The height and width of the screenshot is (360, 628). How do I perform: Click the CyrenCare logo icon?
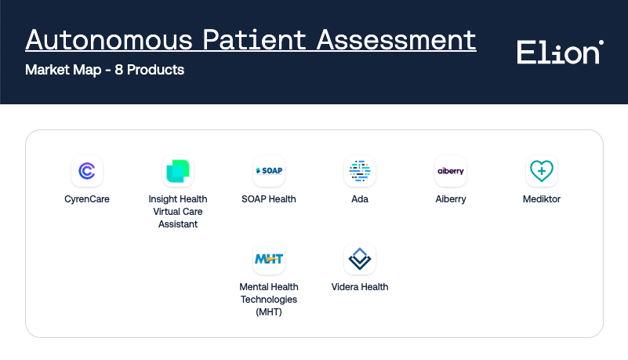click(87, 171)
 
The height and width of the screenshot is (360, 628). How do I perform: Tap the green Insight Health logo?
click(178, 171)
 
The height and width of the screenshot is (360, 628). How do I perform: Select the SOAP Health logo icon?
click(269, 171)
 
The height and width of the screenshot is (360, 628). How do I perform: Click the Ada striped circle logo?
click(360, 171)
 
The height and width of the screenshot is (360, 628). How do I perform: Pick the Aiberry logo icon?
click(451, 171)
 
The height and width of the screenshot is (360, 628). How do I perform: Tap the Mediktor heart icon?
click(542, 171)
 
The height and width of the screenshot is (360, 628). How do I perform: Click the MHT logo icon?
click(269, 259)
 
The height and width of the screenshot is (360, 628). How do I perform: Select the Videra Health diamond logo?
click(360, 259)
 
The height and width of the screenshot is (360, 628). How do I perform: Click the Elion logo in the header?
click(561, 52)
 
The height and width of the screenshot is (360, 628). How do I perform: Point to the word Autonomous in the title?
click(109, 40)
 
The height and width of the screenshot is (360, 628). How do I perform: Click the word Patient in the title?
click(255, 40)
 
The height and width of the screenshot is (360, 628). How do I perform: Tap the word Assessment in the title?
click(397, 40)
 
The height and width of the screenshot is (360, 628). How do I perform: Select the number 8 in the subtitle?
click(118, 70)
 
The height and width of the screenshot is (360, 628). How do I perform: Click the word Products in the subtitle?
click(155, 70)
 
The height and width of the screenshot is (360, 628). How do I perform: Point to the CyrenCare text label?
click(87, 199)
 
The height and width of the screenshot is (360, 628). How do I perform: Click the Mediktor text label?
click(542, 199)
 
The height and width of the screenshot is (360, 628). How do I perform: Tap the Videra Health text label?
click(360, 287)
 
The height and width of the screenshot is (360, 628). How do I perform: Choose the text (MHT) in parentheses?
click(269, 312)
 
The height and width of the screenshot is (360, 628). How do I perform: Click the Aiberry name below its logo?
click(451, 199)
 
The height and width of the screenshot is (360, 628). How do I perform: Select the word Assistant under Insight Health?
click(178, 224)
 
